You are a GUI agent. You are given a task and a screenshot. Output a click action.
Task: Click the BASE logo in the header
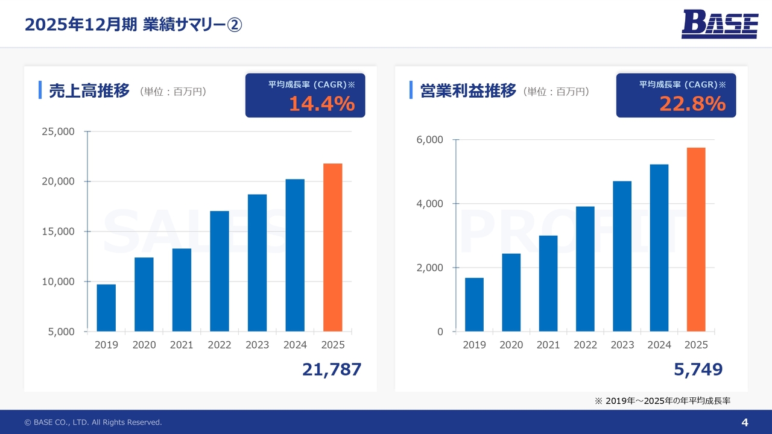720,25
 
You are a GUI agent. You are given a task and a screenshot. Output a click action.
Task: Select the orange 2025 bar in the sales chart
332,247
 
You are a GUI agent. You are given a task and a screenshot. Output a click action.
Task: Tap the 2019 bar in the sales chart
106,307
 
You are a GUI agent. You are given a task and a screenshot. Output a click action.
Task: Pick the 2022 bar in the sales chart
220,271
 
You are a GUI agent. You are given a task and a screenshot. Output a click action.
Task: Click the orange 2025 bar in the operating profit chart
695,239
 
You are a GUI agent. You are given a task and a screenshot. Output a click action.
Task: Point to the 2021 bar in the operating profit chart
548,283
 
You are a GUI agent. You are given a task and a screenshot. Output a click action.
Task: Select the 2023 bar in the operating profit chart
622,256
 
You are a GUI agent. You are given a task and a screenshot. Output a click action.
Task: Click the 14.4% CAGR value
321,104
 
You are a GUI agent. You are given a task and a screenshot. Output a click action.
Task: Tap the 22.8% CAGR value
692,104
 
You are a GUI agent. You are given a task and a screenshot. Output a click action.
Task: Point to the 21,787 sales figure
332,370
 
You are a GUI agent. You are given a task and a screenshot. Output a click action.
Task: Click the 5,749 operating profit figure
698,370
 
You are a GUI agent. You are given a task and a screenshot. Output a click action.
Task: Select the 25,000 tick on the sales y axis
58,131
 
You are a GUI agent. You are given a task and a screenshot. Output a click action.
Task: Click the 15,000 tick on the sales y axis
58,231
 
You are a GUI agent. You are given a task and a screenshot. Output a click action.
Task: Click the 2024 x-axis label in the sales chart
295,345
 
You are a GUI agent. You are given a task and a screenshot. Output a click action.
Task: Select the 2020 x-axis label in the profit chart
511,345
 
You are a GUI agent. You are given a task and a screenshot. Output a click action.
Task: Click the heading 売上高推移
89,91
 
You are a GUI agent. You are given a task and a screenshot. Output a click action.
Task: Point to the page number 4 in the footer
744,422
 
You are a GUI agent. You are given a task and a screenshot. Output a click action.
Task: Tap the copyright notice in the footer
93,423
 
